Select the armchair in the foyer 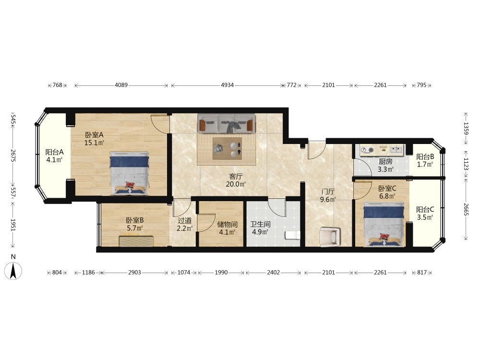329,236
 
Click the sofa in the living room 226,123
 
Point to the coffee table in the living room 227,148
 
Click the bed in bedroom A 130,173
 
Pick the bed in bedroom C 384,224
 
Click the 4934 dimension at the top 228,85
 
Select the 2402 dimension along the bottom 273,272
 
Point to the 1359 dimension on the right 466,128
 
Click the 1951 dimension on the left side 13,225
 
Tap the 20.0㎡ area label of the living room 236,184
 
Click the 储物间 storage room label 227,224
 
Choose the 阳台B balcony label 425,157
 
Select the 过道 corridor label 185,220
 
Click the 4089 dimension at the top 121,85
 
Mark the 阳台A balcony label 55,152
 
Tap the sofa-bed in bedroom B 136,241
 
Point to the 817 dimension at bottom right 421,272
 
